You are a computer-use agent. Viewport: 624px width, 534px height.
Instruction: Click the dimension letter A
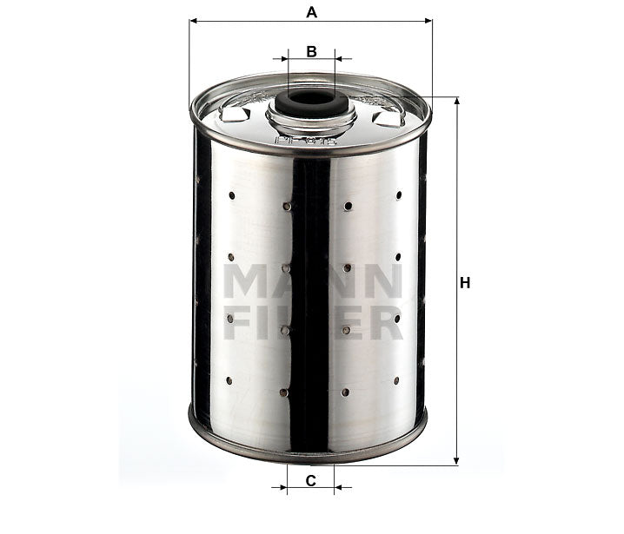(311, 11)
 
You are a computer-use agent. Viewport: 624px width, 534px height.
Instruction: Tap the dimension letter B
(311, 51)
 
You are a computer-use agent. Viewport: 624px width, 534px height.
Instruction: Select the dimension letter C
(309, 480)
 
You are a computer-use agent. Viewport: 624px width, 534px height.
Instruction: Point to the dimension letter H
(466, 283)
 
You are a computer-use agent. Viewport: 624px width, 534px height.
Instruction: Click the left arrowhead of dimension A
(193, 21)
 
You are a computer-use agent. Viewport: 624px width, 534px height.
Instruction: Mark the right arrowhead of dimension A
(428, 21)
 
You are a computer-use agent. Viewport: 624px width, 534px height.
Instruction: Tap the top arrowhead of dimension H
(456, 101)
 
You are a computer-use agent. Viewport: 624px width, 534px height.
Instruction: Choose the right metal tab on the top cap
(387, 116)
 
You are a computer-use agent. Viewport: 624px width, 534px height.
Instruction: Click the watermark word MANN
(311, 280)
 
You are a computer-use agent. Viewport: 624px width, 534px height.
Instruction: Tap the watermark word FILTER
(311, 323)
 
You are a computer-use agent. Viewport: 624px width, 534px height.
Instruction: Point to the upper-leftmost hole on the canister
(231, 194)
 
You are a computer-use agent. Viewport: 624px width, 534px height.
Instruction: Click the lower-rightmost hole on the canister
(396, 380)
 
